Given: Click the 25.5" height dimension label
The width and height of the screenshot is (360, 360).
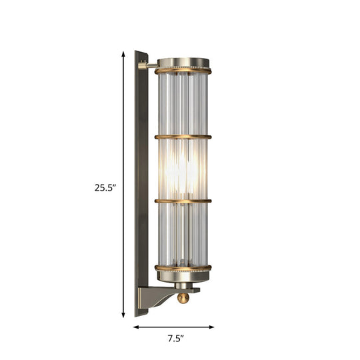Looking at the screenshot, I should [x=105, y=187].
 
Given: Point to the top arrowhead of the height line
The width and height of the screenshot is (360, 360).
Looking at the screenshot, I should [x=123, y=54].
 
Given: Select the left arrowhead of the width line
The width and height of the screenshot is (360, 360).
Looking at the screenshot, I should [x=135, y=327].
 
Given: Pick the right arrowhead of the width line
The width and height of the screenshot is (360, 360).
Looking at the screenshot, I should [x=213, y=327].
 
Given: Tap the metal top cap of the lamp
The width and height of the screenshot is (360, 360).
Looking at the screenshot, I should [x=183, y=62].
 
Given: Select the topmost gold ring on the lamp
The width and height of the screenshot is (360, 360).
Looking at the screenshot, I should [x=183, y=69].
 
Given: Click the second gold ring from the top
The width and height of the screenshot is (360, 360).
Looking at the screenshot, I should [x=183, y=137].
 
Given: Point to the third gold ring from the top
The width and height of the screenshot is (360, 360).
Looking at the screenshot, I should [x=183, y=200].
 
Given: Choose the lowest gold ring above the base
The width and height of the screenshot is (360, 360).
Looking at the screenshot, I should [x=183, y=268].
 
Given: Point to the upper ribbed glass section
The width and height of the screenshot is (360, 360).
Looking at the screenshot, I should [x=183, y=103].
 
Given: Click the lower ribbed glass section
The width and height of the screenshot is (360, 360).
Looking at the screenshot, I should [x=183, y=233].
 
